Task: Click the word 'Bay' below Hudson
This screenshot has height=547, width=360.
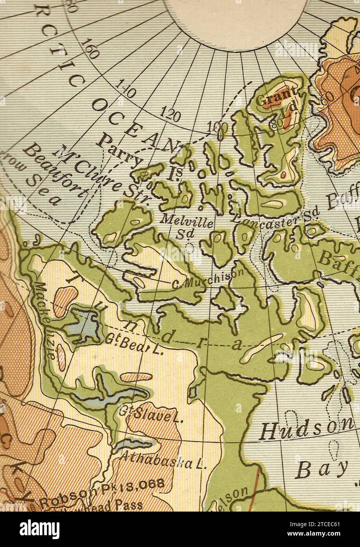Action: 321,469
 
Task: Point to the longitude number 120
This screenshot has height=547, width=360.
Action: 171,114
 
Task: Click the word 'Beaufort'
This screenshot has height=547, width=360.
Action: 55,170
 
